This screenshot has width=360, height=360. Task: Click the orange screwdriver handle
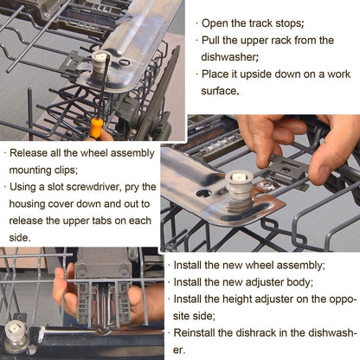tap(96, 128)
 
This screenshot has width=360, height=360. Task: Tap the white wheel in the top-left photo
tap(100, 63)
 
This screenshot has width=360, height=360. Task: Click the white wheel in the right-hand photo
tap(239, 185)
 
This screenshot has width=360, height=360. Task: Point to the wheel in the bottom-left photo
tap(15, 337)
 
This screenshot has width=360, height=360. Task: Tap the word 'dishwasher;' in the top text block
tap(229, 57)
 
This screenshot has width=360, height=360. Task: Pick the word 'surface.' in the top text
tap(220, 91)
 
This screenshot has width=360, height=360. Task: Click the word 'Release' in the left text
tap(29, 153)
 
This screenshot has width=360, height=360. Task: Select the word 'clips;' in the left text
tap(66, 170)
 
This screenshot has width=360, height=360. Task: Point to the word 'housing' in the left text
tap(27, 204)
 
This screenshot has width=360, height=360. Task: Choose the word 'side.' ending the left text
tap(20, 238)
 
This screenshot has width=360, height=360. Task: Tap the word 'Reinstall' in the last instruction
tap(195, 333)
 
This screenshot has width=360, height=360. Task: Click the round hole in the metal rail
tap(204, 193)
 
